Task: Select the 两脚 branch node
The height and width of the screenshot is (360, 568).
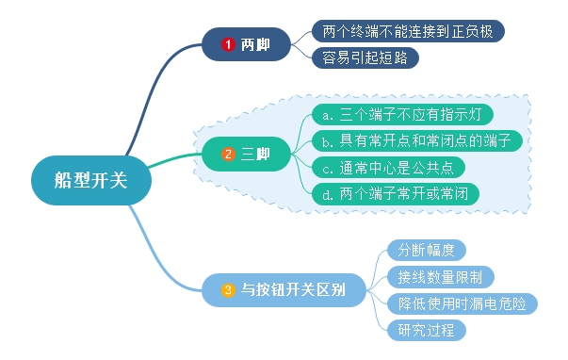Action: point(247,43)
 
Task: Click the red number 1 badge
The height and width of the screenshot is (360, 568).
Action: point(227,44)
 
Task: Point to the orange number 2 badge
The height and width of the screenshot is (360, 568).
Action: point(227,154)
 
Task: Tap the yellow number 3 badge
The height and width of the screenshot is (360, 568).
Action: point(227,290)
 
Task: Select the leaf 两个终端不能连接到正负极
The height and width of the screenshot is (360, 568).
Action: point(407,31)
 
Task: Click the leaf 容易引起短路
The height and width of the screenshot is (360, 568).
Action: point(365,57)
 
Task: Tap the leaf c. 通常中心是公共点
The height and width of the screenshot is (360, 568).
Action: point(387,168)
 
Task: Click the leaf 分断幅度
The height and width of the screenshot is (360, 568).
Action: point(426,250)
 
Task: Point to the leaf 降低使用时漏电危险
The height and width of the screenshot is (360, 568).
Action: point(462,303)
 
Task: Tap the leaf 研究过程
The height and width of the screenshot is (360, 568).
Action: point(426,330)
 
